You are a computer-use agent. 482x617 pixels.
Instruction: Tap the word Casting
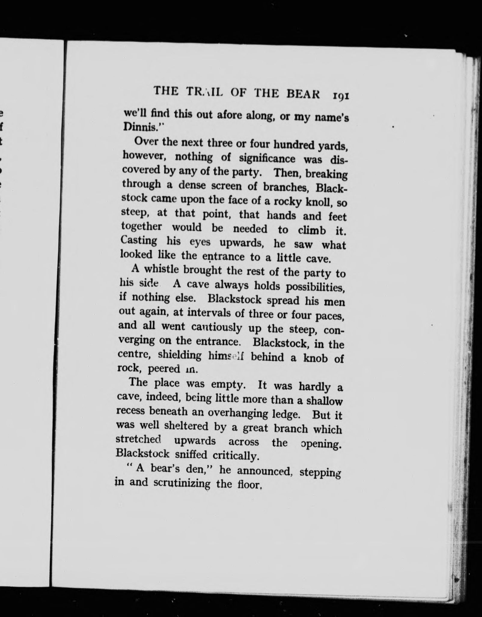(139, 241)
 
